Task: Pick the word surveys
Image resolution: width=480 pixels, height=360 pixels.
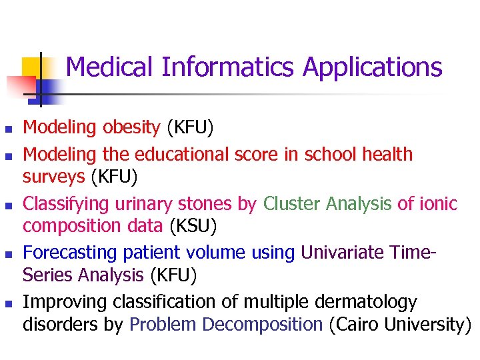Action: pyautogui.click(x=54, y=177)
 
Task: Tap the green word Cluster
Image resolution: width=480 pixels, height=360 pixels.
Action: pyautogui.click(x=293, y=204)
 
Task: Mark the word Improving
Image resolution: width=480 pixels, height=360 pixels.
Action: pyautogui.click(x=65, y=303)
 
